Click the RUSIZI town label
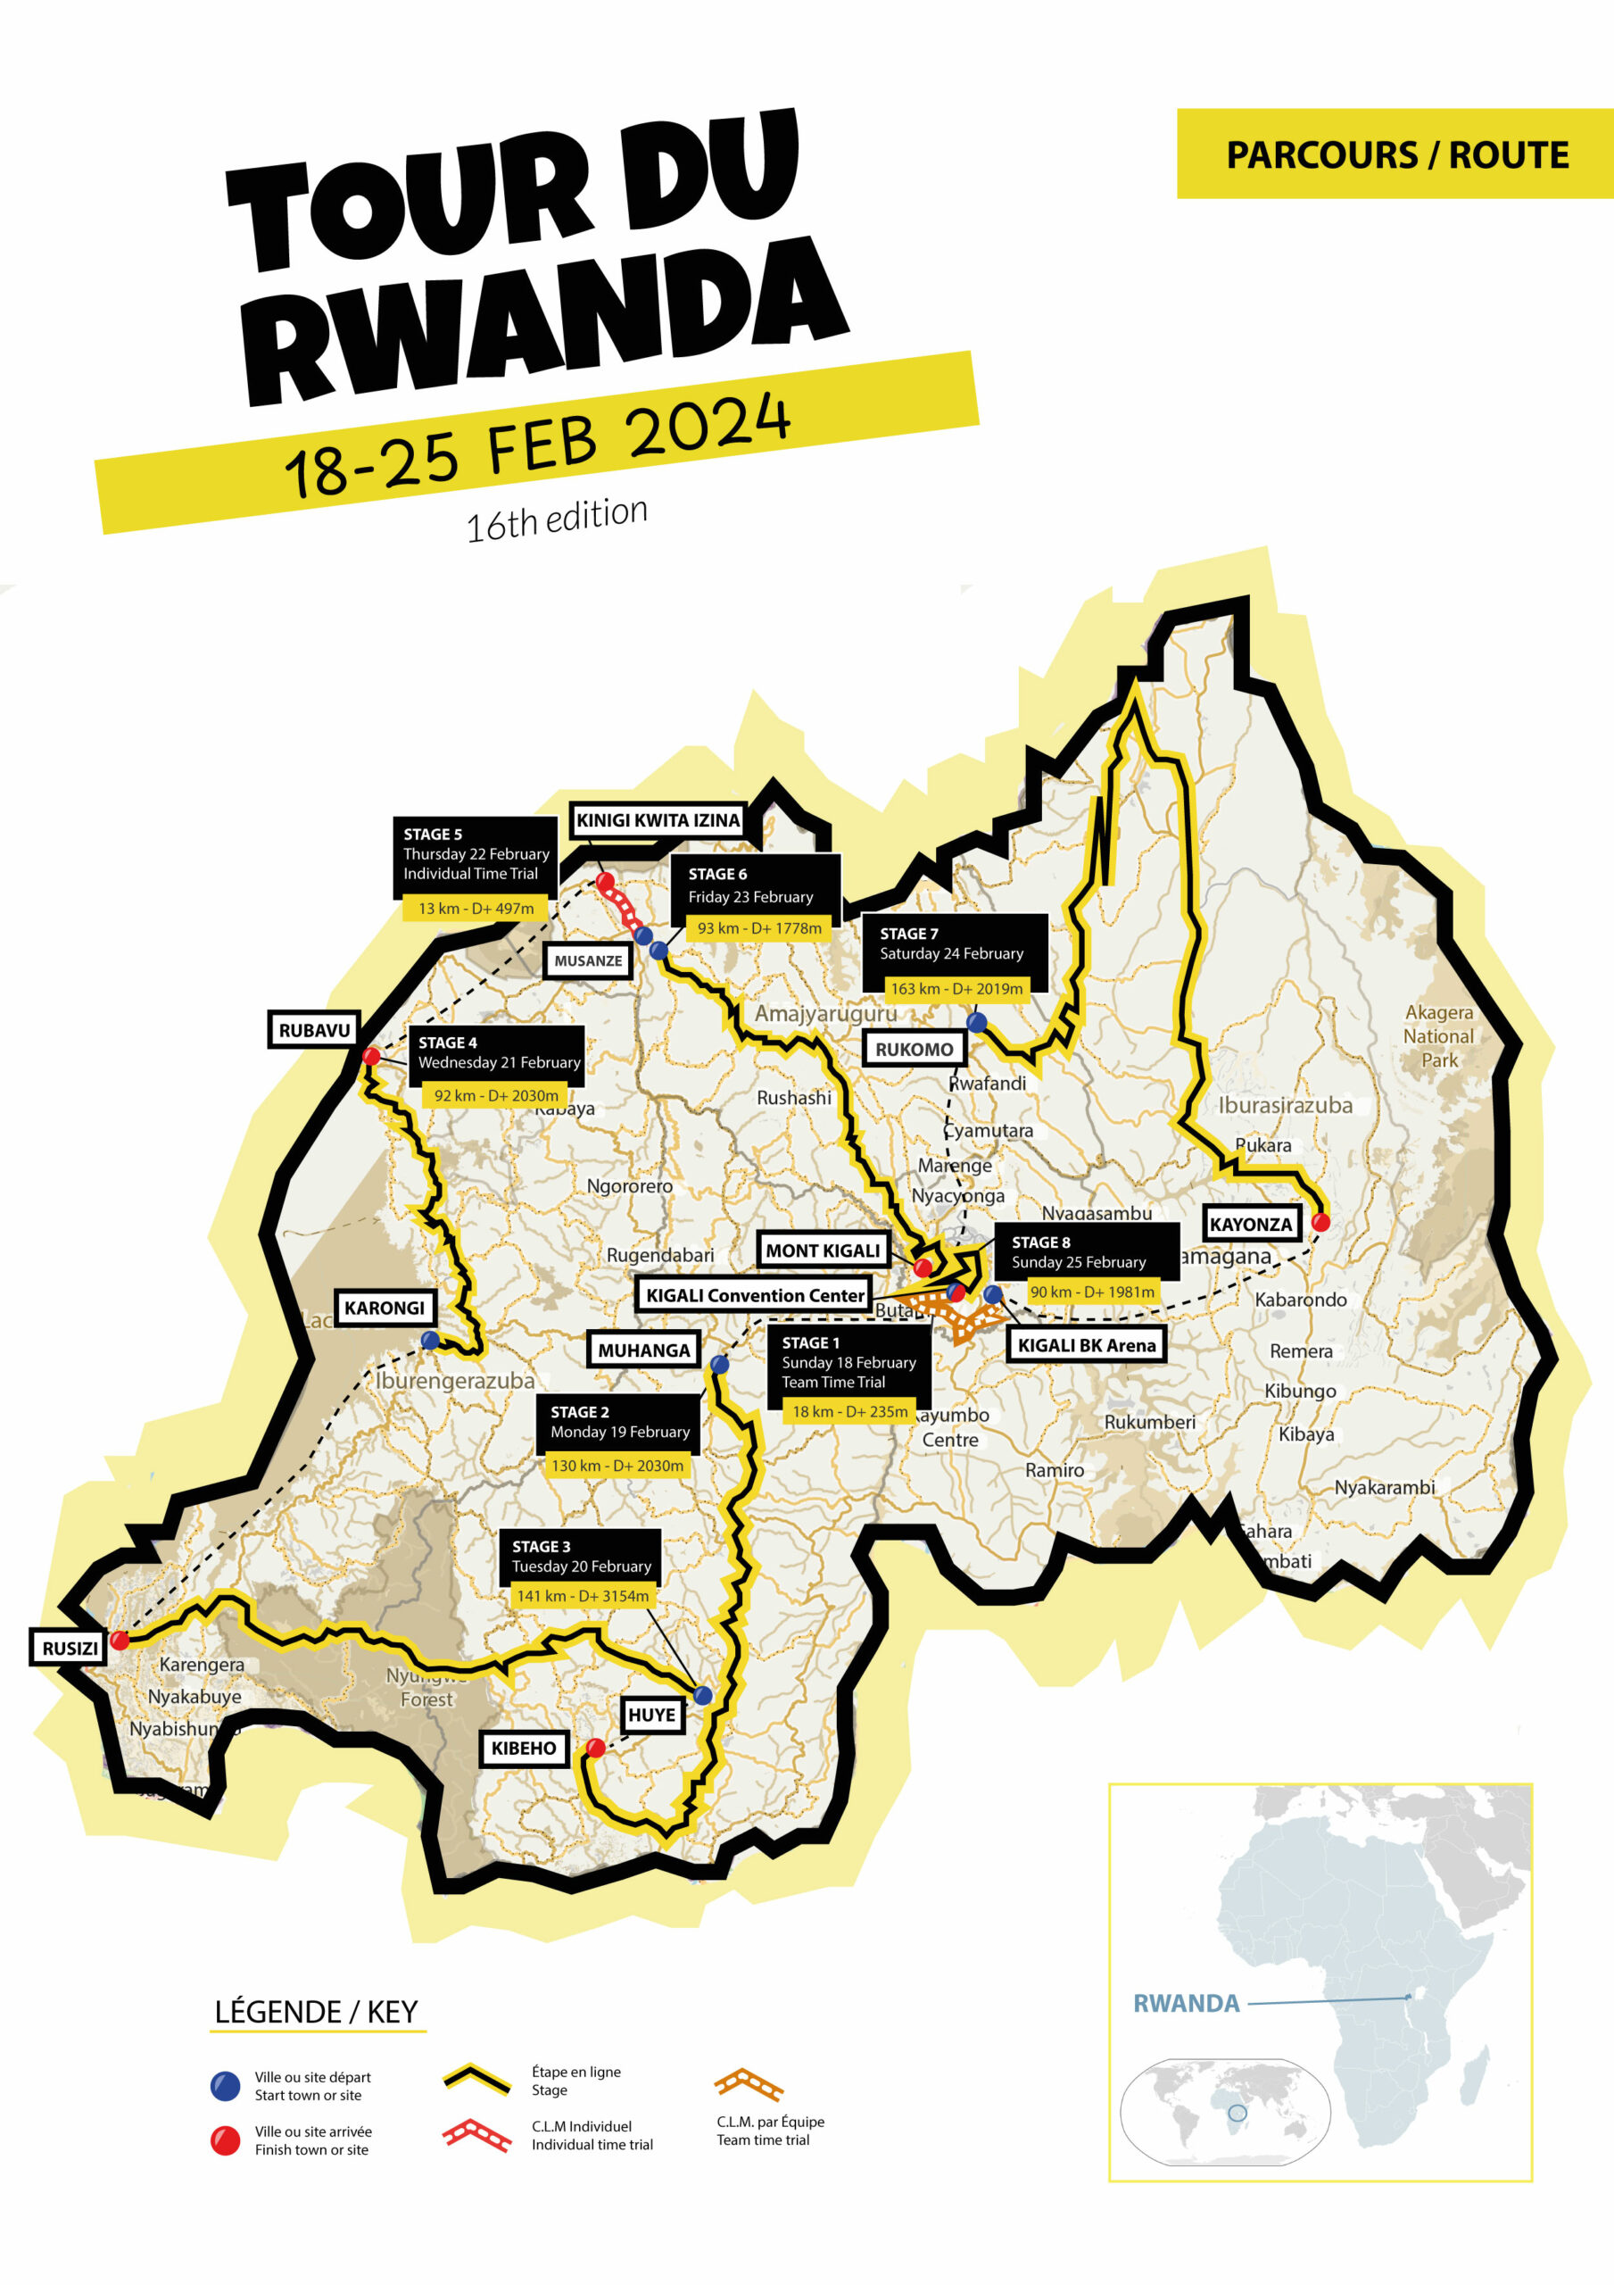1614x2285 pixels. tap(70, 1648)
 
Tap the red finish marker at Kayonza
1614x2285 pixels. tap(1320, 1222)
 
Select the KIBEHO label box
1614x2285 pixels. tap(524, 1749)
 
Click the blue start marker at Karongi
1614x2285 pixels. tap(430, 1341)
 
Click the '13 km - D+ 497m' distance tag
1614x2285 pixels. tap(476, 909)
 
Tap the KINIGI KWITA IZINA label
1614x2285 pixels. tap(658, 820)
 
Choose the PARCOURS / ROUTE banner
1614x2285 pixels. tap(1396, 154)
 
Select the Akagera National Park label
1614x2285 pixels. tap(1438, 1036)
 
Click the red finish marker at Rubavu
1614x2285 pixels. tap(371, 1056)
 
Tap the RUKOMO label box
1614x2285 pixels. tap(914, 1049)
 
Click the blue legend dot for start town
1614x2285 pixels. tap(226, 2086)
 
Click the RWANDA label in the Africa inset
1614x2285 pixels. tap(1186, 2003)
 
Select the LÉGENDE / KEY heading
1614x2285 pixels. tap(317, 2012)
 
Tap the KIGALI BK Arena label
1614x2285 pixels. tap(1086, 1345)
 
